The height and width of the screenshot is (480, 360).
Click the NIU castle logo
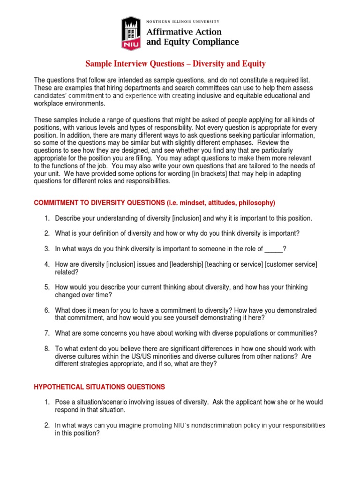131,32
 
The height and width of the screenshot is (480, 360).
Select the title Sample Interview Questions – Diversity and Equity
175,64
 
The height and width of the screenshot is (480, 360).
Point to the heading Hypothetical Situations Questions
99,387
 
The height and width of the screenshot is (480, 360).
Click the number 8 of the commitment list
47,349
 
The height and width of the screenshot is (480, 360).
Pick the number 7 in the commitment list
47,333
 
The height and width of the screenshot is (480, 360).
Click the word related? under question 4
67,272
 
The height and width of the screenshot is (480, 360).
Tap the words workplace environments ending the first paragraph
69,103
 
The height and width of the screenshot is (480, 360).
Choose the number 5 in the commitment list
47,287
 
